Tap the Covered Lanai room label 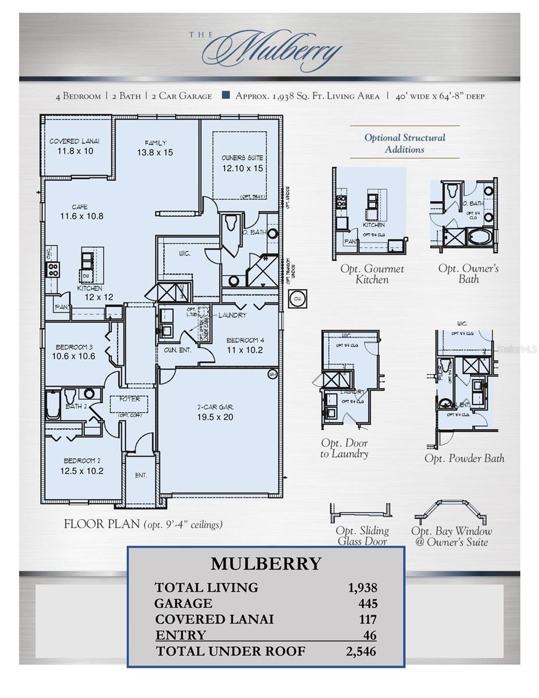pyautogui.click(x=74, y=141)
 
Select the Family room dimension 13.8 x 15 pyautogui.click(x=155, y=152)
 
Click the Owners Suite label pyautogui.click(x=242, y=158)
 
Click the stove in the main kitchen pyautogui.click(x=53, y=269)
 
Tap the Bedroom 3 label pyautogui.click(x=73, y=347)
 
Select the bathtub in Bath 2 pyautogui.click(x=53, y=406)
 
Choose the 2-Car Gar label pyautogui.click(x=215, y=407)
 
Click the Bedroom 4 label pyautogui.click(x=245, y=340)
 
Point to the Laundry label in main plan pyautogui.click(x=232, y=315)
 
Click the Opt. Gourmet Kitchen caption pyautogui.click(x=372, y=274)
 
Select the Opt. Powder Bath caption pyautogui.click(x=464, y=458)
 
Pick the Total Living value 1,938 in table pyautogui.click(x=362, y=587)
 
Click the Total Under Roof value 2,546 pyautogui.click(x=361, y=651)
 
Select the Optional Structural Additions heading pyautogui.click(x=405, y=143)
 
